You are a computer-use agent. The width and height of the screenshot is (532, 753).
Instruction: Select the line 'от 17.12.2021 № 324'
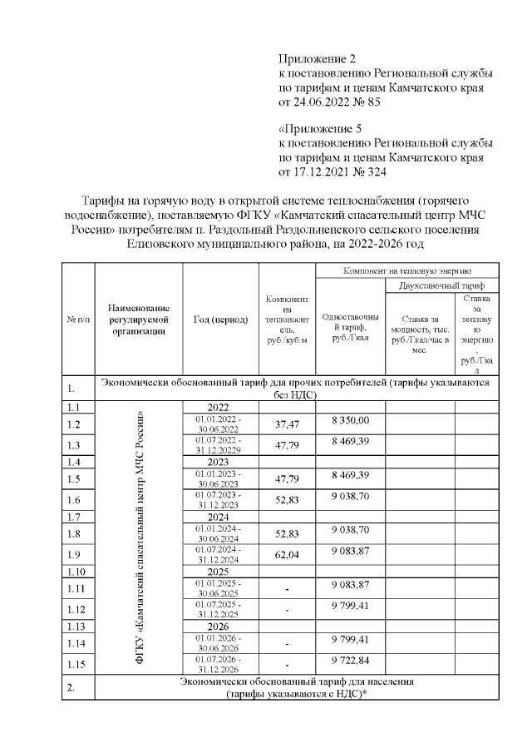[332, 172]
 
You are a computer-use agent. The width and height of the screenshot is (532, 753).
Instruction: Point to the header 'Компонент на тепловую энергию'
[407, 271]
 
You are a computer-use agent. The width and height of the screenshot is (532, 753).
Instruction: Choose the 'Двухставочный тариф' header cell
[441, 285]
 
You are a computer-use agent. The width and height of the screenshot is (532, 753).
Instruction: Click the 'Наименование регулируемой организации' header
[139, 320]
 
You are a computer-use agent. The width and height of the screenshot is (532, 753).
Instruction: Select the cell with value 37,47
[286, 423]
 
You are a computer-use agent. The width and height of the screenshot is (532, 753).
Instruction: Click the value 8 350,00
[349, 420]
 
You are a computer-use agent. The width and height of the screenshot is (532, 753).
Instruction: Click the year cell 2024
[219, 516]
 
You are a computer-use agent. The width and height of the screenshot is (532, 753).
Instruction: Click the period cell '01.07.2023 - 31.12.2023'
[219, 499]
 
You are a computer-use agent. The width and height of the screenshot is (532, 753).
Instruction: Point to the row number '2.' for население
[78, 689]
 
